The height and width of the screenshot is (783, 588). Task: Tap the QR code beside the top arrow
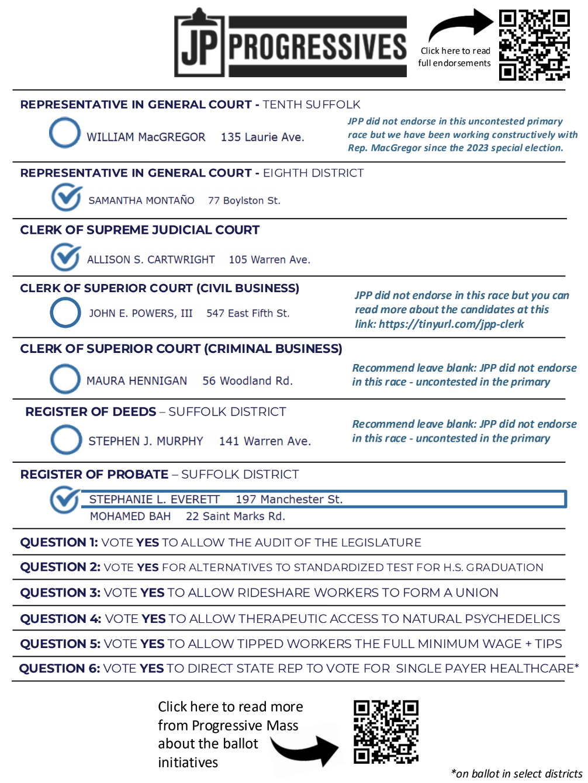[x=534, y=44]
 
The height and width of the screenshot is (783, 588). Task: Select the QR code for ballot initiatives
[x=386, y=732]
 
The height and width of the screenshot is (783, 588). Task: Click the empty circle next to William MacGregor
[x=65, y=133]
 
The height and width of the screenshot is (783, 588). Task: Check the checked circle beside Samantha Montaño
[x=66, y=197]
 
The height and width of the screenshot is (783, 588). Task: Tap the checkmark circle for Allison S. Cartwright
[x=65, y=257]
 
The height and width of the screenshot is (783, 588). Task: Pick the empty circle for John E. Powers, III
[x=65, y=313]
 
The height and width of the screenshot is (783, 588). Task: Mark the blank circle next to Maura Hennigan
[x=65, y=379]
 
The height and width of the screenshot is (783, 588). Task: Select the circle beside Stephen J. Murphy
[x=66, y=439]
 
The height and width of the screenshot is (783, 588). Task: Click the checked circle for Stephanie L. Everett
[x=64, y=500]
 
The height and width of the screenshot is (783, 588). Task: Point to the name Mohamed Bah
[x=130, y=517]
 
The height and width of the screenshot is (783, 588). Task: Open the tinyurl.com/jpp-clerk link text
[x=451, y=324]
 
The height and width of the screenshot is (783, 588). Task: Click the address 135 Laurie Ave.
[x=262, y=137]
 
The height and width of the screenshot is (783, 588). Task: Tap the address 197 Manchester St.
[x=289, y=500]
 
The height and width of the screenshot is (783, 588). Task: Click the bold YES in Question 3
[x=153, y=593]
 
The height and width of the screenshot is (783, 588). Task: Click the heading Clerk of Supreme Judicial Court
[x=140, y=230]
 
